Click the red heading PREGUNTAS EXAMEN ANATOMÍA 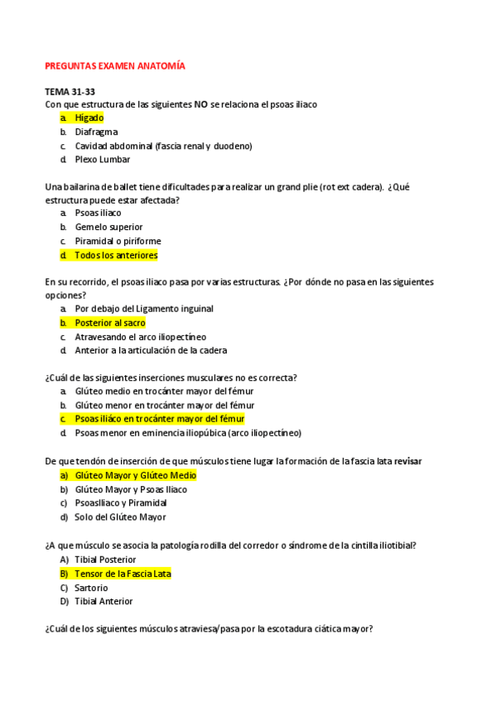click(x=114, y=65)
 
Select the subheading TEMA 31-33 click(x=70, y=91)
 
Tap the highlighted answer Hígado click(x=89, y=118)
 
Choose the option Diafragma click(x=96, y=132)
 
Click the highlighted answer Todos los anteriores click(x=115, y=255)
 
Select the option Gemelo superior click(x=108, y=227)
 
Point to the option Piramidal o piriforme click(x=118, y=241)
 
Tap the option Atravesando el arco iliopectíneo click(x=140, y=337)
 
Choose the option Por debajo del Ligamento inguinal click(x=143, y=309)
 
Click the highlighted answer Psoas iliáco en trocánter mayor click(x=153, y=419)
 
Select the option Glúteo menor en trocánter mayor click(x=164, y=405)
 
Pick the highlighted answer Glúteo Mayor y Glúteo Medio click(x=135, y=476)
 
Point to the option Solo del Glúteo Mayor click(x=120, y=517)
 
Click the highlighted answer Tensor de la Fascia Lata click(x=123, y=574)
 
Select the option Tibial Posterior click(x=105, y=560)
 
